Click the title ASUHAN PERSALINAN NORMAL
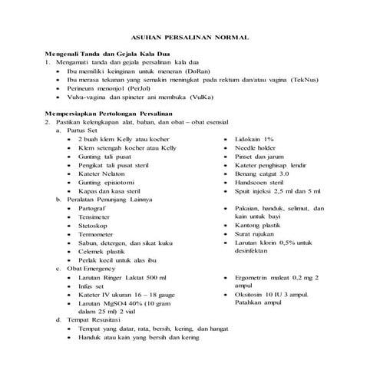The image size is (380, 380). (x=190, y=37)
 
